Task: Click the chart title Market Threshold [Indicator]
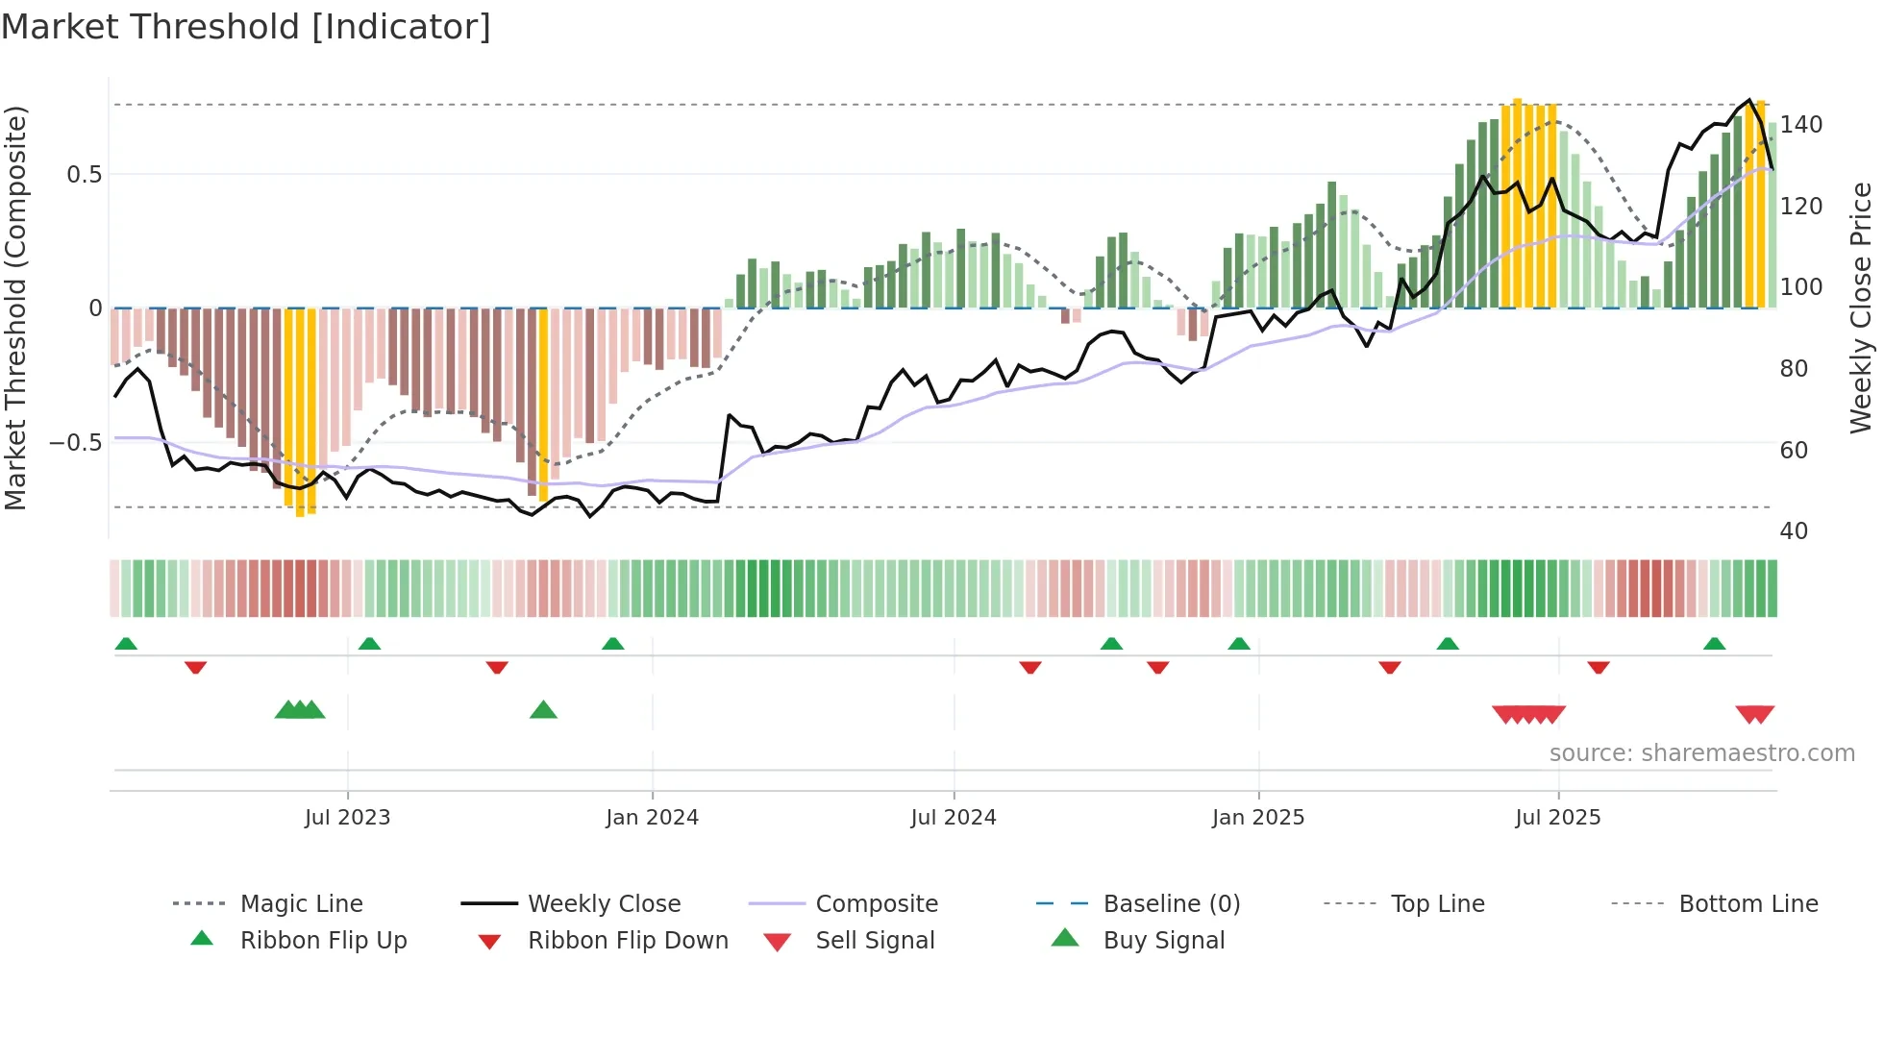246,27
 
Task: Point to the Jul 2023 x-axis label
347,818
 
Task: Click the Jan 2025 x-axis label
1257,818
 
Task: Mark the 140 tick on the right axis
1800,125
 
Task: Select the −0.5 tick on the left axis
76,443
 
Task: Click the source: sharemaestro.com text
1701,753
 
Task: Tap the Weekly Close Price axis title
1861,308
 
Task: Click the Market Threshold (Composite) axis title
15,308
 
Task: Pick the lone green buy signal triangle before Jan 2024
543,710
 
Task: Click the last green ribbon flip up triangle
1714,644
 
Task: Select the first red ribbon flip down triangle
195,667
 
